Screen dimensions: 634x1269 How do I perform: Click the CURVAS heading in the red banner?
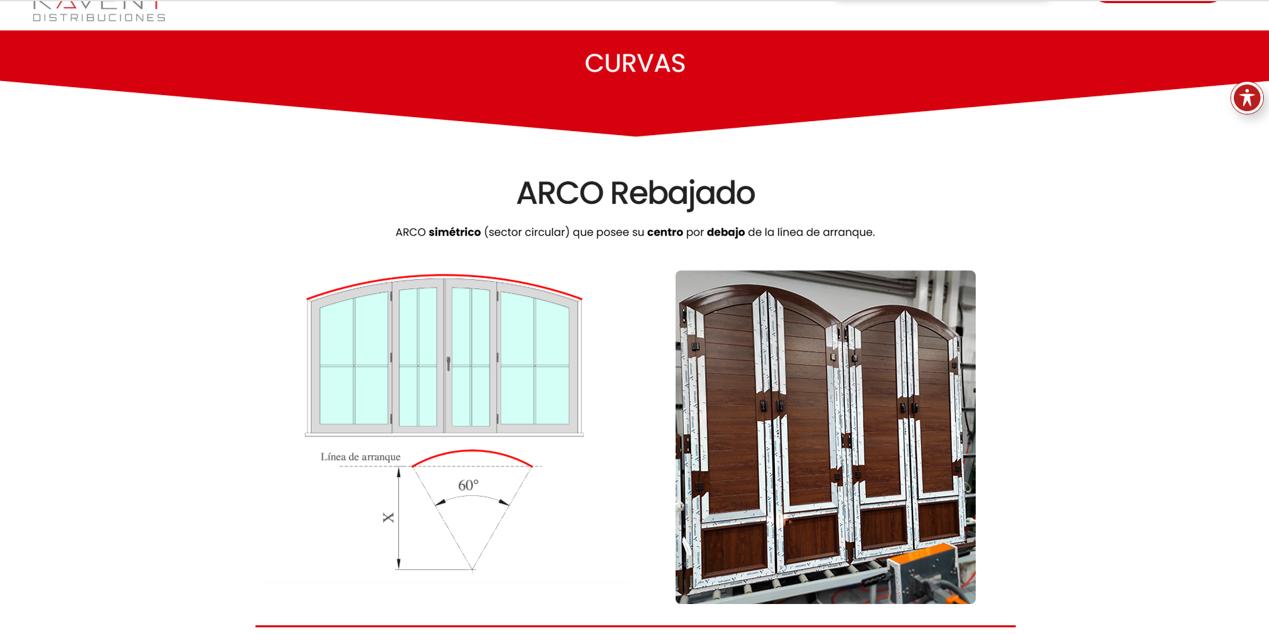pyautogui.click(x=635, y=63)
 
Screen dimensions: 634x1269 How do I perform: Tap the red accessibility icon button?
pyautogui.click(x=1246, y=98)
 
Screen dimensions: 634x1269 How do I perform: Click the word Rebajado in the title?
pyautogui.click(x=682, y=193)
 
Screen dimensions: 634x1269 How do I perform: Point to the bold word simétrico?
pyautogui.click(x=454, y=232)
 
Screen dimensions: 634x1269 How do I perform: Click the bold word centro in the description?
pyautogui.click(x=665, y=232)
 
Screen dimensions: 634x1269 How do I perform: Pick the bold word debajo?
pyautogui.click(x=726, y=232)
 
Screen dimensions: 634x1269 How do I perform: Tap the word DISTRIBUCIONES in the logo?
pyautogui.click(x=99, y=17)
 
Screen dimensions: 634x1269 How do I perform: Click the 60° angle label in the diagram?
pyautogui.click(x=468, y=486)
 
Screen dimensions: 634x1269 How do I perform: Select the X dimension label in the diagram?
pyautogui.click(x=388, y=517)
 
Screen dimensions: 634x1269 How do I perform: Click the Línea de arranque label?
pyautogui.click(x=360, y=457)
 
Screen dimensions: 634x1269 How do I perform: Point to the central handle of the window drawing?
pyautogui.click(x=448, y=363)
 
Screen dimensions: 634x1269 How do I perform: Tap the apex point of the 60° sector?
pyautogui.click(x=472, y=569)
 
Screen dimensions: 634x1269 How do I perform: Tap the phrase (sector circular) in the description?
pyautogui.click(x=526, y=232)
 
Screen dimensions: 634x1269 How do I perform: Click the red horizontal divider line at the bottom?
pyautogui.click(x=635, y=626)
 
